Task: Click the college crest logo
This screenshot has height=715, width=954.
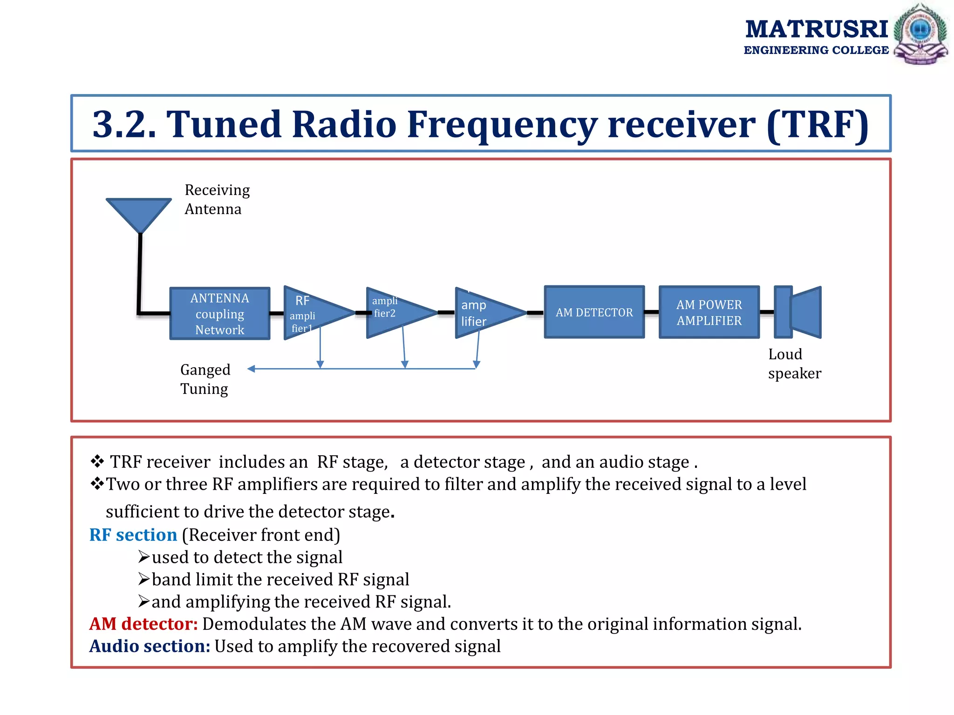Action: (x=920, y=34)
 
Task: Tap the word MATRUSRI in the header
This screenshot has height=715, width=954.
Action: (x=816, y=29)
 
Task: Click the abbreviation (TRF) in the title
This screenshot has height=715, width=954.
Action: (x=818, y=124)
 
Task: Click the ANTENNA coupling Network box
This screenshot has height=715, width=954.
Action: (x=220, y=313)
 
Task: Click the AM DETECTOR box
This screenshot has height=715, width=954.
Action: (x=594, y=312)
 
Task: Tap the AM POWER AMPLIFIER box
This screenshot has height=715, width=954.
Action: (x=709, y=312)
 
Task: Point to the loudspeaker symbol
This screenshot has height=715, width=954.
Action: (x=797, y=312)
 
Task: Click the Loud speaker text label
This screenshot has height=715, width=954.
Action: (x=794, y=364)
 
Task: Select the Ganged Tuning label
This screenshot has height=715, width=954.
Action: (x=205, y=379)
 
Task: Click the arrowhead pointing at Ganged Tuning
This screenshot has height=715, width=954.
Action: (x=251, y=369)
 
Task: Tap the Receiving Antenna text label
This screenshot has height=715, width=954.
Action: (x=217, y=199)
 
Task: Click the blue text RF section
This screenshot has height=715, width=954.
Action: (x=133, y=535)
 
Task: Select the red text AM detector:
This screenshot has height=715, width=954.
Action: (x=143, y=624)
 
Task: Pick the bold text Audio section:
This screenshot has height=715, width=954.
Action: (x=150, y=646)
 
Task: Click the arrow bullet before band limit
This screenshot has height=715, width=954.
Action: (x=144, y=579)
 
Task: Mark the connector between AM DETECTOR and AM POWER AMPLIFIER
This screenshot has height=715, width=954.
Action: (x=652, y=312)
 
